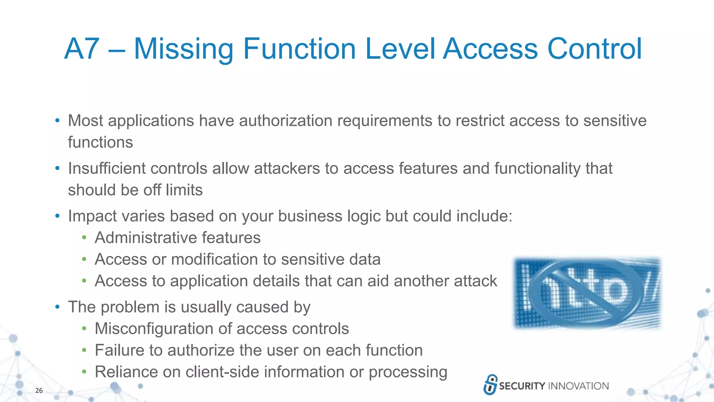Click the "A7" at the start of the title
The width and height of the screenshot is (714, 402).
[x=82, y=49]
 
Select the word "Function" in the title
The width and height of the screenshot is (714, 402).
[x=299, y=49]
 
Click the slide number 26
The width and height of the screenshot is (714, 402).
[x=39, y=390]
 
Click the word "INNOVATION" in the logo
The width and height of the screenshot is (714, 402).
[x=578, y=386]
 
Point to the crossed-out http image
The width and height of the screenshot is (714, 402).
[x=587, y=293]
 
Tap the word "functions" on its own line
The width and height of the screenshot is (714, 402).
[x=100, y=142]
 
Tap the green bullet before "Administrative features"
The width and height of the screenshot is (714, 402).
[x=84, y=238]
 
